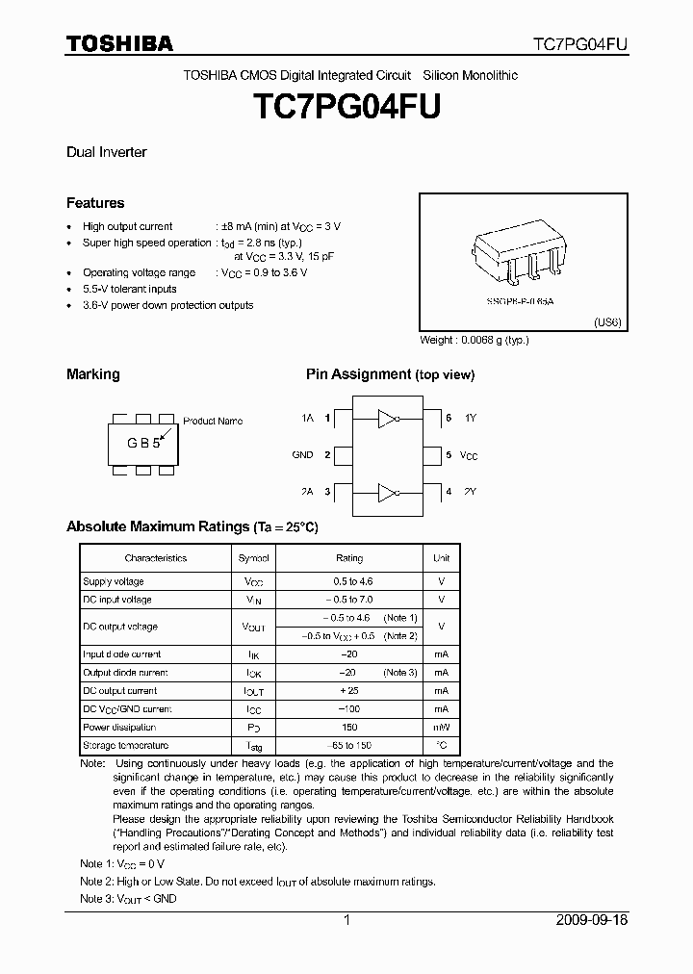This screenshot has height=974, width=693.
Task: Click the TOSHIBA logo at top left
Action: click(119, 43)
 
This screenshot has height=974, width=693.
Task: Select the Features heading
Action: click(94, 203)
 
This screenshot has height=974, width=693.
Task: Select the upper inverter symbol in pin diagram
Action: click(388, 419)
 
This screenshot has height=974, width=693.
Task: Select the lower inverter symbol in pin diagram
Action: click(388, 492)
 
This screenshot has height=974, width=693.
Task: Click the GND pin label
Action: click(302, 454)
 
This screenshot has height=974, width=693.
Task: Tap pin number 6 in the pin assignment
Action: click(449, 419)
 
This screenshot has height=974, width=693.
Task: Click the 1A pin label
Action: click(307, 419)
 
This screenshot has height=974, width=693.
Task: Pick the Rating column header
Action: click(349, 558)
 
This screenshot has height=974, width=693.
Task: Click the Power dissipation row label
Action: click(119, 728)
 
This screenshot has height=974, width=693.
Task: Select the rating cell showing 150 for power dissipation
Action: click(349, 728)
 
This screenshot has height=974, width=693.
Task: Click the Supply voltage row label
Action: click(114, 581)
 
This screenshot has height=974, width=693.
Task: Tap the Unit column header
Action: click(441, 558)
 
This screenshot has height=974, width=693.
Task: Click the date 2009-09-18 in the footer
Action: click(592, 920)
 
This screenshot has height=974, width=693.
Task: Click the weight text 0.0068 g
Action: click(475, 340)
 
